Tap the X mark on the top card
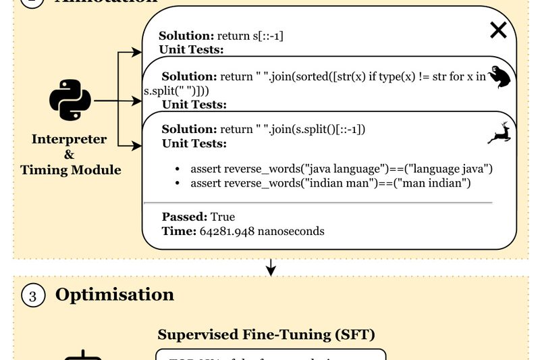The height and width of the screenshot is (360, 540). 498,30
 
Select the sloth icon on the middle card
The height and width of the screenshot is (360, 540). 500,78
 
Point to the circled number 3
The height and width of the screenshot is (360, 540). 33,296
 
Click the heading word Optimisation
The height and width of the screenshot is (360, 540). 115,295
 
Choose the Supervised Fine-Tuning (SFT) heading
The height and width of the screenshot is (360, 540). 266,334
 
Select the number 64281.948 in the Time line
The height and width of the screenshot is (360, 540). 227,231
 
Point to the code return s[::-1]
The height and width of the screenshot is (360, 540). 250,35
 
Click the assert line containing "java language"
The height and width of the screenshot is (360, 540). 342,168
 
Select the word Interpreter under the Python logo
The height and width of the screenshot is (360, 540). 70,139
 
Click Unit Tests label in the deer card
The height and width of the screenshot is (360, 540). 194,144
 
